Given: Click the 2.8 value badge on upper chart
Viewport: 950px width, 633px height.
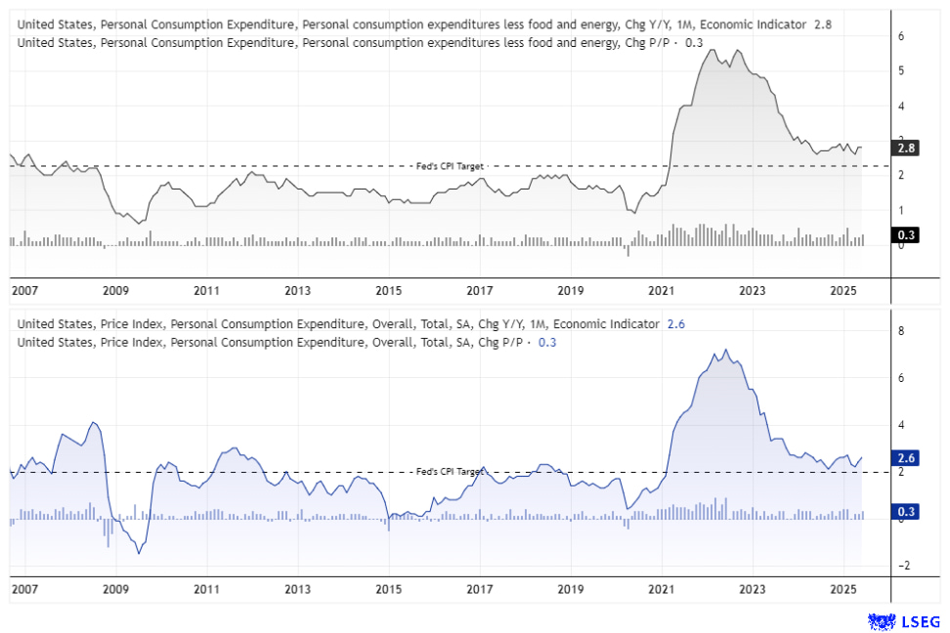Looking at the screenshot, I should click(905, 148).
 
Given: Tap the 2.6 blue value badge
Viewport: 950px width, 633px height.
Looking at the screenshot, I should click(905, 457).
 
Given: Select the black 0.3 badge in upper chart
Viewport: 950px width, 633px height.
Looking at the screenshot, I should click(905, 234).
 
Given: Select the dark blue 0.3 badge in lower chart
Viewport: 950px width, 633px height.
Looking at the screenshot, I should click(905, 512).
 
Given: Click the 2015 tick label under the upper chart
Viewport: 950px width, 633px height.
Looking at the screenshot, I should click(388, 290).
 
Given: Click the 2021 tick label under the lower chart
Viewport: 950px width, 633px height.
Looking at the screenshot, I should click(662, 591).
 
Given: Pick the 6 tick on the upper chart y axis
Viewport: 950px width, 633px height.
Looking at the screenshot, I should click(901, 36).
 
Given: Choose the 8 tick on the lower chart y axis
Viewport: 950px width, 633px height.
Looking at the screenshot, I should click(901, 331).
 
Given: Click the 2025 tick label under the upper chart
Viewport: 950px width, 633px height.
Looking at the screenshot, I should click(843, 290).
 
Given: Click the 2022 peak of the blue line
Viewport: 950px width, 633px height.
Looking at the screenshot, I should click(724, 350).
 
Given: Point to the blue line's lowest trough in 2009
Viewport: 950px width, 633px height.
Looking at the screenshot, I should click(139, 554).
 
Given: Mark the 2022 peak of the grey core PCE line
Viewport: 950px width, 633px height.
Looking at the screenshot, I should click(711, 50).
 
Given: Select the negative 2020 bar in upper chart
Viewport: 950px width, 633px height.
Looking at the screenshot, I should click(627, 250).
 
